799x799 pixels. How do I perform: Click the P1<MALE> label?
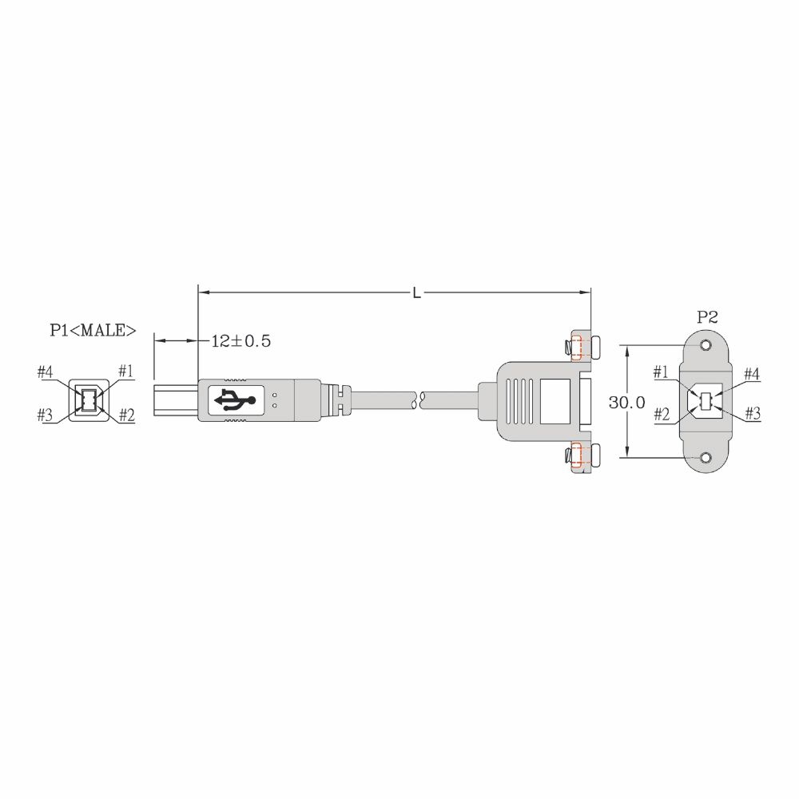click(93, 330)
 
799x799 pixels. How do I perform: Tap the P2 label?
click(707, 317)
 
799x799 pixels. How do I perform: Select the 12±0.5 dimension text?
click(241, 341)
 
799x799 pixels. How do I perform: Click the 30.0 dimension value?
click(626, 403)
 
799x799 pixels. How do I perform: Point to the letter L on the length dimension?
click(417, 293)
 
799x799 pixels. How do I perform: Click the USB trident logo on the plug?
click(235, 399)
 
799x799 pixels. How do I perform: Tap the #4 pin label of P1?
click(45, 372)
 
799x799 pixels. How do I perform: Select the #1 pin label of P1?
click(126, 371)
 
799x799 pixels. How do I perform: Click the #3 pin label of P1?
click(45, 415)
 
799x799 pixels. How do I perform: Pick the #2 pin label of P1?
click(127, 415)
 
